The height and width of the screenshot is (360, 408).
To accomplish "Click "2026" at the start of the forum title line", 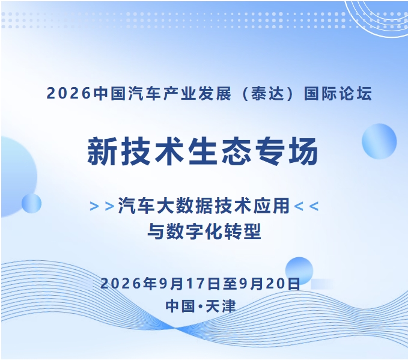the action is click(x=69, y=93).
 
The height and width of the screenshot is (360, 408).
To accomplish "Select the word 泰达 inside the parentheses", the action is click(x=267, y=93).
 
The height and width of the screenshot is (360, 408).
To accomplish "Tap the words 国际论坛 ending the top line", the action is click(x=338, y=93).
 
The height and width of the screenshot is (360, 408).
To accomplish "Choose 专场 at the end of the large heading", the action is click(x=287, y=151).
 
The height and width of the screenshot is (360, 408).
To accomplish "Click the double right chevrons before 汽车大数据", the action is click(x=102, y=206).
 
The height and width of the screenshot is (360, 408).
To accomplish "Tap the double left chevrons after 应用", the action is click(x=306, y=206).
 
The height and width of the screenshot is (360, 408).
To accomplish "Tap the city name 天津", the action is click(x=221, y=306).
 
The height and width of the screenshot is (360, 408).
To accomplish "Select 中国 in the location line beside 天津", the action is click(x=180, y=306).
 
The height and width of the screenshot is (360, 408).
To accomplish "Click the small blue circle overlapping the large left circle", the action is click(x=31, y=203).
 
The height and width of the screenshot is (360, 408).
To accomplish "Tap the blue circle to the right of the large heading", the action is click(x=379, y=141).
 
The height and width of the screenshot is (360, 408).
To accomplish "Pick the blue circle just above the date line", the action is click(x=299, y=270).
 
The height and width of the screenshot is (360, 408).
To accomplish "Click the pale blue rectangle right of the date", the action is click(x=322, y=284).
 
